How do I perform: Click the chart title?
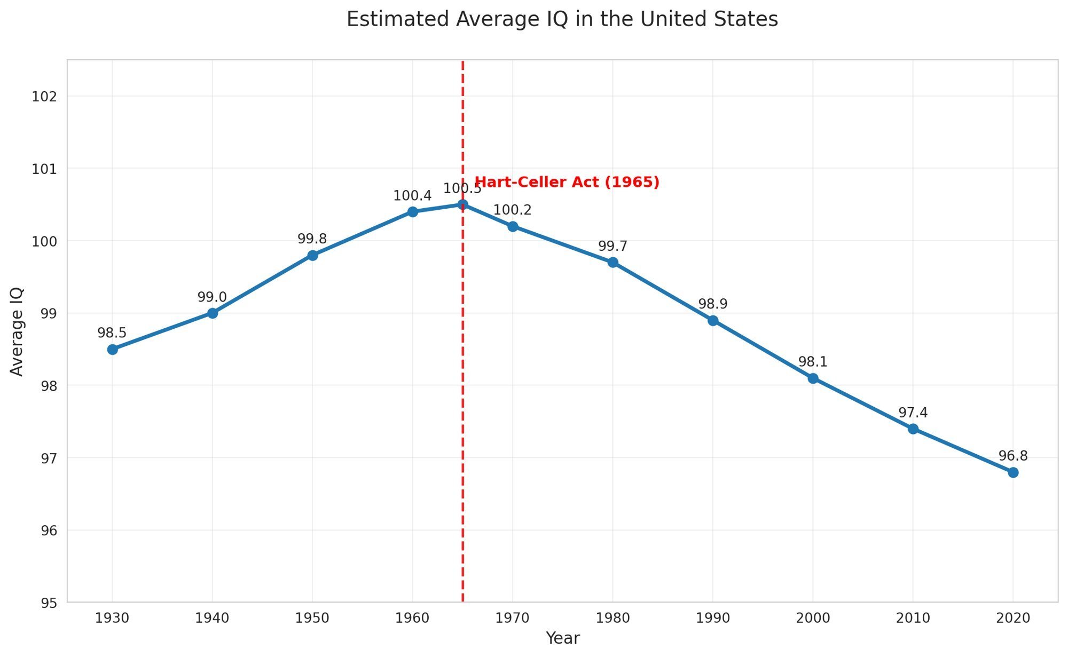(x=562, y=20)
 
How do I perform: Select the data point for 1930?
(x=112, y=350)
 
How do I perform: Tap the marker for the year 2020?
(x=1013, y=472)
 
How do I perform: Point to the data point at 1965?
(x=462, y=204)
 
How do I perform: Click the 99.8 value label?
(x=312, y=239)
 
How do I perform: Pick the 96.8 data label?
(x=1013, y=456)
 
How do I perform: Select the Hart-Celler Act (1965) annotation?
(x=567, y=183)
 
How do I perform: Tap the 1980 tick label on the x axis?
(x=612, y=619)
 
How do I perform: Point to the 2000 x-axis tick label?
(x=813, y=619)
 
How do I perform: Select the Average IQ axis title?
(x=17, y=331)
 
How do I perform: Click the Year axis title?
(x=562, y=638)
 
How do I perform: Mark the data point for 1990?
(x=713, y=320)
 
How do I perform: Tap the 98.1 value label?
(x=813, y=362)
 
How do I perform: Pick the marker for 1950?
(x=312, y=255)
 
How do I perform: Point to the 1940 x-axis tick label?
(x=212, y=619)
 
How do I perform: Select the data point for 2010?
(x=913, y=429)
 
